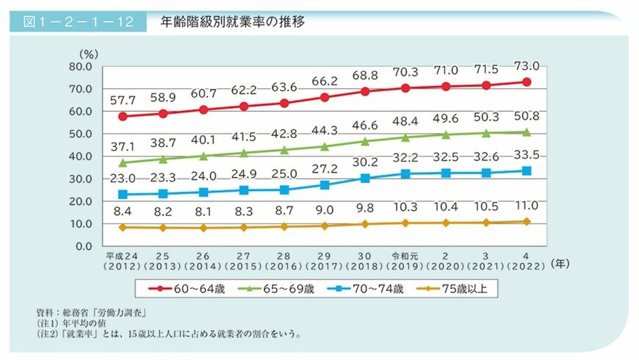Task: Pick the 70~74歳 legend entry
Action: click(372, 289)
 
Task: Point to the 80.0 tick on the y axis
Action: click(78, 66)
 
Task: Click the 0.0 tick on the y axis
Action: click(81, 246)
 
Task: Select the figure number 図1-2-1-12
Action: click(78, 22)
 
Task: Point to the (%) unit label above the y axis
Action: click(88, 53)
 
